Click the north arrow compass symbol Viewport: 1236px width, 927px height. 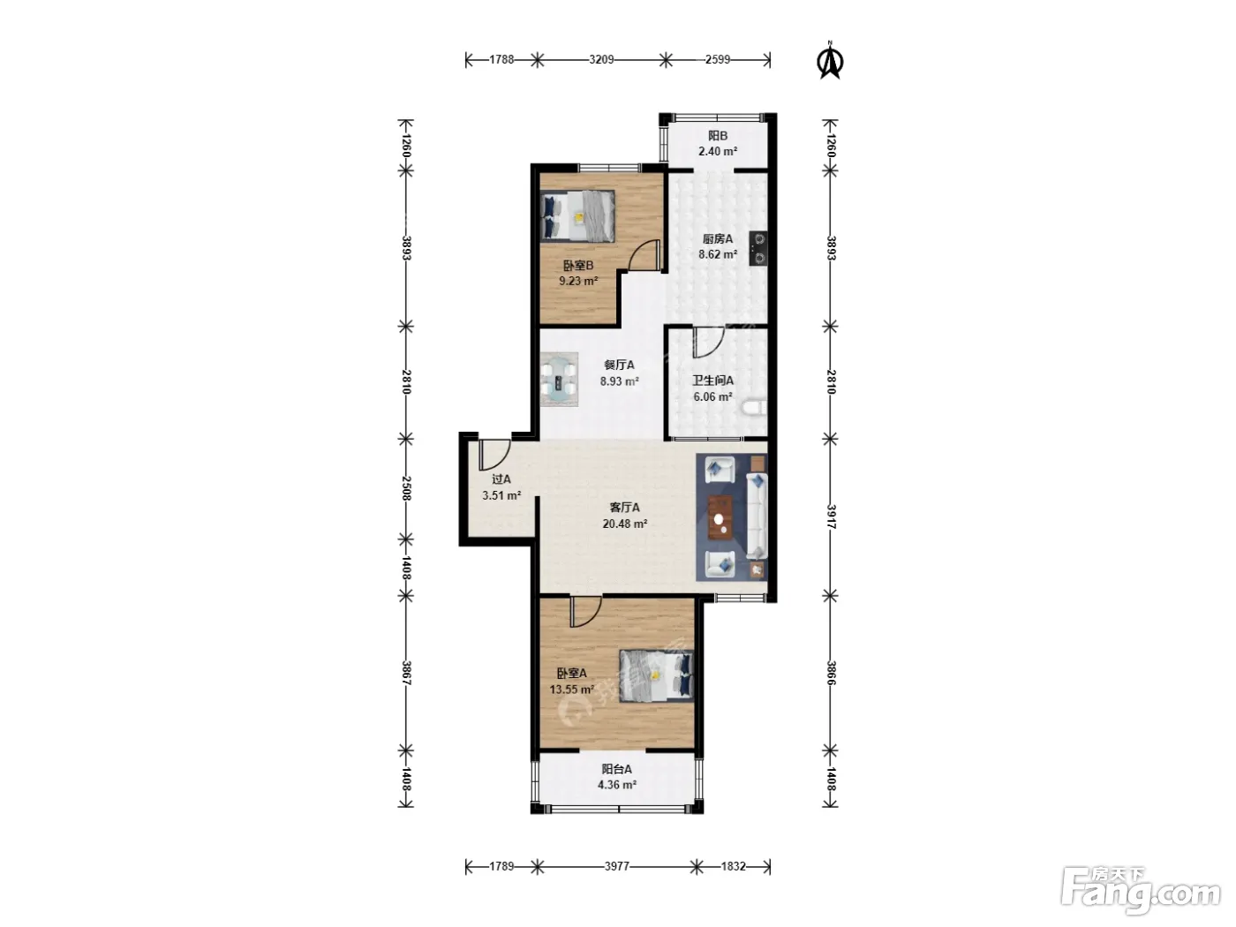[x=829, y=60]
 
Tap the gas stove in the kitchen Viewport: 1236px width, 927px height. [x=757, y=248]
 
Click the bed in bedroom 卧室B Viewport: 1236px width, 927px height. [x=577, y=216]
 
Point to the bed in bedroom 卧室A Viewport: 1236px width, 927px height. [x=657, y=676]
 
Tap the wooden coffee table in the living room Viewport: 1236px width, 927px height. [x=720, y=517]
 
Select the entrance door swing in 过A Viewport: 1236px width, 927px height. [x=494, y=455]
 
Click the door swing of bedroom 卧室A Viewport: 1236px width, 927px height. [x=586, y=612]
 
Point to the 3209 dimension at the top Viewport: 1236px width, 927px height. [x=601, y=60]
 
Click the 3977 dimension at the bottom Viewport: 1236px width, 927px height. [x=617, y=866]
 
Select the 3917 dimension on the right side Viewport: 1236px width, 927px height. [x=831, y=516]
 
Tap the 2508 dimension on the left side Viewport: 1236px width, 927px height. [x=406, y=488]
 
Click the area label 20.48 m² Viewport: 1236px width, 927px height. [x=625, y=524]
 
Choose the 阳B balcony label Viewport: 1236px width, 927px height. [x=718, y=136]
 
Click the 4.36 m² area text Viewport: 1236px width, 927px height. [x=617, y=785]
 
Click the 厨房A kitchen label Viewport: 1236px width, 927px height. [x=718, y=238]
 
